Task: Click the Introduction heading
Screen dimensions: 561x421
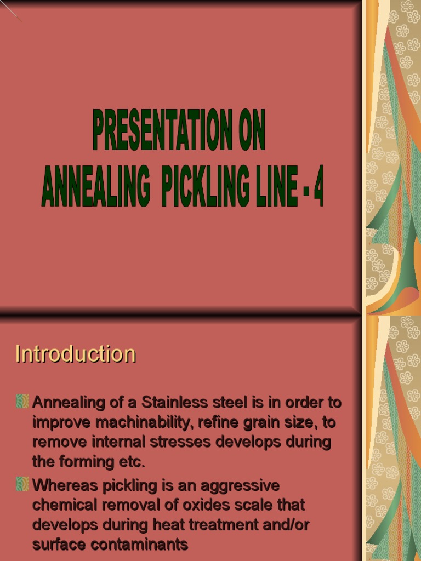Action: tap(75, 354)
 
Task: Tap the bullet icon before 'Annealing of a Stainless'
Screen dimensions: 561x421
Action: tap(22, 402)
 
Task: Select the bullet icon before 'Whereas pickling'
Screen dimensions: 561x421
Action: tap(22, 484)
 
